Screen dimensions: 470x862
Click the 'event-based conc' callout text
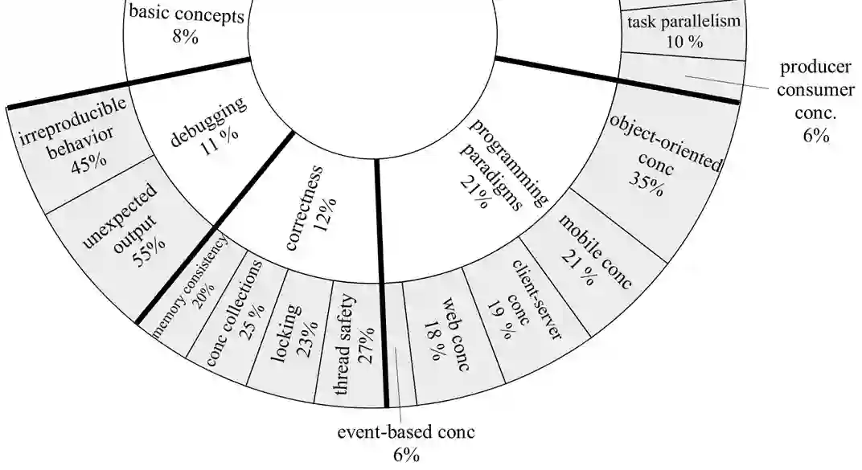pyautogui.click(x=406, y=432)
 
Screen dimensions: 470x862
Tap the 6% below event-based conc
pyautogui.click(x=406, y=456)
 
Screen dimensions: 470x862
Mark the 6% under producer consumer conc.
pyautogui.click(x=815, y=137)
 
